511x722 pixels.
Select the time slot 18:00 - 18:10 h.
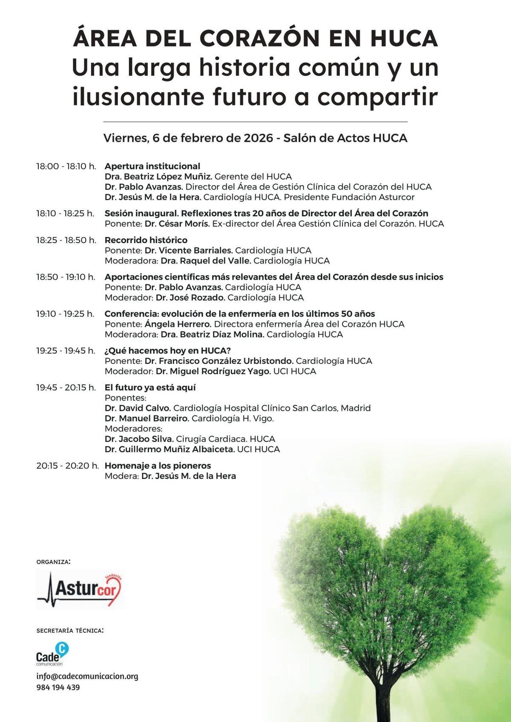pos(66,166)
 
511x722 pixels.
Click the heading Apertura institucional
pos(152,166)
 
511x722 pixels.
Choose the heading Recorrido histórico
pos(146,240)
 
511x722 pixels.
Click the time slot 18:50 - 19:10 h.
pos(66,277)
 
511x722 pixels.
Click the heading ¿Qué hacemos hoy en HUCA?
pos(167,350)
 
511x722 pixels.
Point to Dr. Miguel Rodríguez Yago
pos(213,371)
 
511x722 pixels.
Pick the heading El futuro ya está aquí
pos(150,387)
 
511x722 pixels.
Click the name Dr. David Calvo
pos(138,408)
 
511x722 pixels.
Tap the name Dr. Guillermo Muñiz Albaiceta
pos(169,449)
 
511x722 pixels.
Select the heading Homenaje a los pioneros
pos(158,465)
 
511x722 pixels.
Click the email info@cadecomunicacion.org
pos(87,676)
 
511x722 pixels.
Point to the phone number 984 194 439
pos(58,688)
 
